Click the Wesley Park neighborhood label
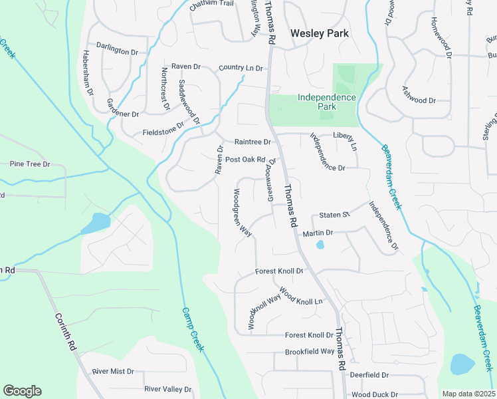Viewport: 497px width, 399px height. [x=320, y=33]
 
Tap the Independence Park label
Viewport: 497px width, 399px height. [x=326, y=102]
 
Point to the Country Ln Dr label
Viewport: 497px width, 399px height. [x=241, y=68]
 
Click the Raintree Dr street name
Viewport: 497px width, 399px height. [x=252, y=142]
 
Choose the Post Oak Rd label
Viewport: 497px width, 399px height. [x=245, y=160]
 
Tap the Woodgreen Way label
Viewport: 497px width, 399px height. [x=242, y=213]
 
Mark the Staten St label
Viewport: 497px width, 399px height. [x=334, y=215]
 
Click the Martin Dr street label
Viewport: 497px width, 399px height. [x=317, y=233]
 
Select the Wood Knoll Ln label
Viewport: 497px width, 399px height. [x=301, y=296]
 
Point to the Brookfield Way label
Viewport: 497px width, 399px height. [x=310, y=351]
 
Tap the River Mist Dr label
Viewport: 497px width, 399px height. [x=113, y=372]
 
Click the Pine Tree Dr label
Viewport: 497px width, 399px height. [x=30, y=164]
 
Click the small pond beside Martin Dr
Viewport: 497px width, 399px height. [x=320, y=245]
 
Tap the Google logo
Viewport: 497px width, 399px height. [x=22, y=391]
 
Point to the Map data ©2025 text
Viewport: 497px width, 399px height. [x=468, y=394]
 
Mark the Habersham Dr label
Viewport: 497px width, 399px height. [x=88, y=71]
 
